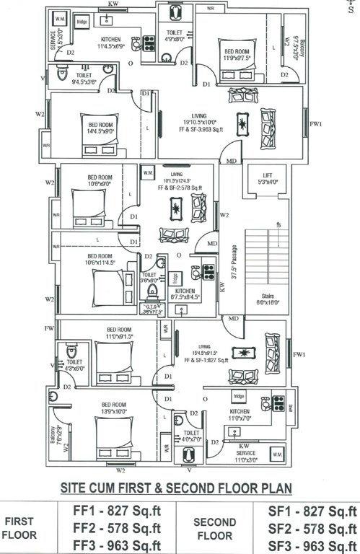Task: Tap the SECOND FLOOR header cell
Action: [x=216, y=529]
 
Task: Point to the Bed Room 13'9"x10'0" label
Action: [x=115, y=408]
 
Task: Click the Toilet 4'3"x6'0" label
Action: [x=76, y=365]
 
